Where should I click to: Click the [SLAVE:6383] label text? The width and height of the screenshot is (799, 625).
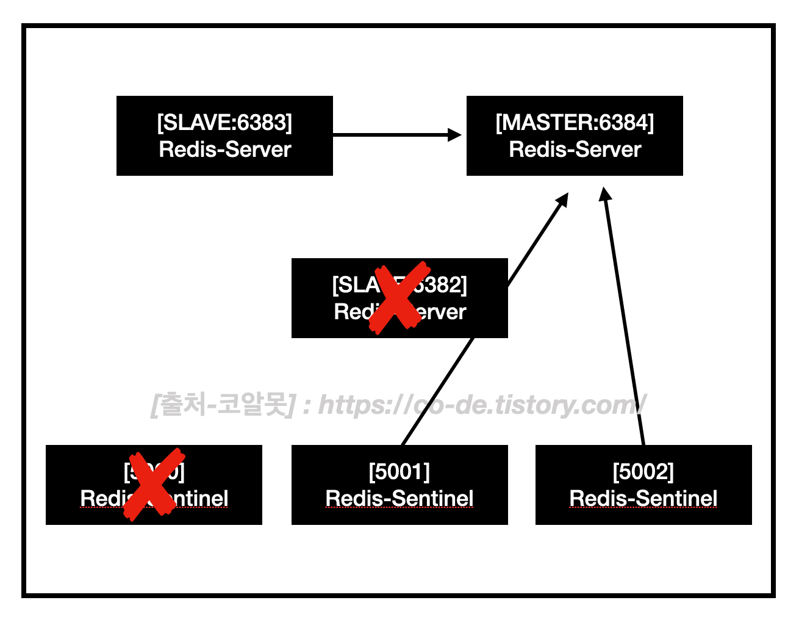tap(224, 123)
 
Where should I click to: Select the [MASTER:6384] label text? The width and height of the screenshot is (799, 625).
tap(575, 123)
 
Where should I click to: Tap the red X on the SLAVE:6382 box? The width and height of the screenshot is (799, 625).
tap(400, 297)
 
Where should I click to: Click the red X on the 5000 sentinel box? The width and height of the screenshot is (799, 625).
tap(154, 484)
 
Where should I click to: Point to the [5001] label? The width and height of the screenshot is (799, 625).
tap(399, 472)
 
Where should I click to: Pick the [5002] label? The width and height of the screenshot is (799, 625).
tap(643, 472)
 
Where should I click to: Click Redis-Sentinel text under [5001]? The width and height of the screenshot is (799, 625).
tap(399, 499)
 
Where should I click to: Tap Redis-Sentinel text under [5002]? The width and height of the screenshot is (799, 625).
tap(643, 499)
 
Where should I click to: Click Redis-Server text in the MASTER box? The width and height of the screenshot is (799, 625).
tap(575, 150)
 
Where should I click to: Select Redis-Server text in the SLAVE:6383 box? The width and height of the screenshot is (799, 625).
tap(224, 150)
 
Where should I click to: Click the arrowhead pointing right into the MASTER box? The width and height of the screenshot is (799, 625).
tap(455, 135)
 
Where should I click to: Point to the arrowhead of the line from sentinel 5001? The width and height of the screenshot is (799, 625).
tap(562, 200)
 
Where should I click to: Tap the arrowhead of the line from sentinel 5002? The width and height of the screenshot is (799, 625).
tap(604, 195)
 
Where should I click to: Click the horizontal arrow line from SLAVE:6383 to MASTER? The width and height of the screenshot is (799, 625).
tap(390, 135)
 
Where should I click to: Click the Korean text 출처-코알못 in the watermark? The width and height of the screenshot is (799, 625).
tap(223, 405)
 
